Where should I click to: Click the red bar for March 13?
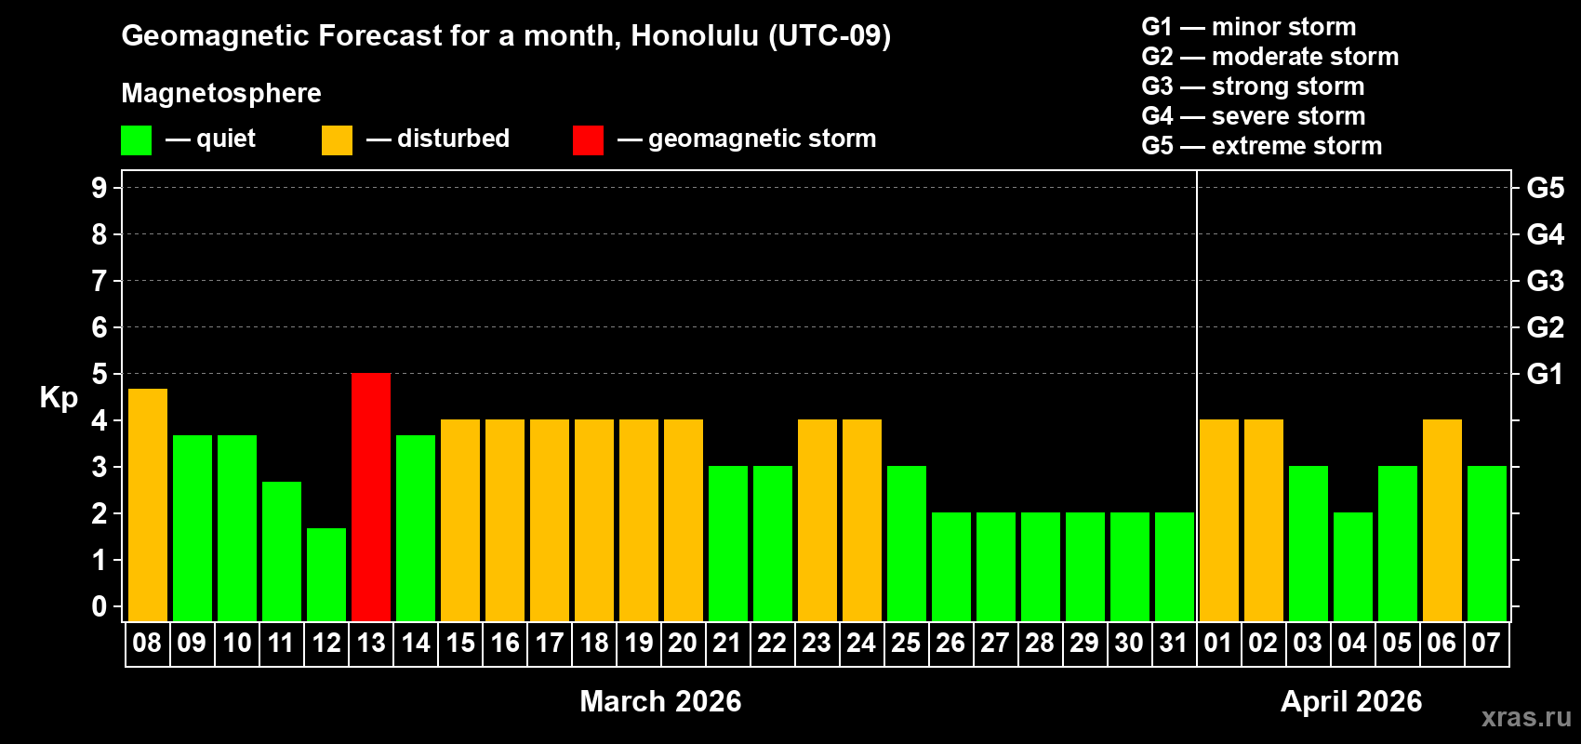click(371, 497)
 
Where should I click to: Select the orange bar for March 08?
click(147, 504)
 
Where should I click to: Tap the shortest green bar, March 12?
click(326, 574)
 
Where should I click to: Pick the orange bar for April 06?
click(1441, 520)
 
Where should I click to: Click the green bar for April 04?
click(1352, 566)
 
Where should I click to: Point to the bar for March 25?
click(906, 543)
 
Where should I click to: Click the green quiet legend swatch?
click(136, 140)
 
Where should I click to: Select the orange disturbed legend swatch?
click(337, 140)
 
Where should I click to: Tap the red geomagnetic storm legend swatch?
click(588, 140)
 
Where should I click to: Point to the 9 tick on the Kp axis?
click(100, 188)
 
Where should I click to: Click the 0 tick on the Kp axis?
click(100, 607)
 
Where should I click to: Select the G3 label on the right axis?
click(1545, 281)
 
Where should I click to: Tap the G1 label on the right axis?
click(1545, 374)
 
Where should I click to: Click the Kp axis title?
click(59, 398)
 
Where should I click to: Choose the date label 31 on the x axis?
click(1174, 643)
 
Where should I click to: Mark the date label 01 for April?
click(1217, 643)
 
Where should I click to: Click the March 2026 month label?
click(660, 701)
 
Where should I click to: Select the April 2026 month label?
click(1350, 701)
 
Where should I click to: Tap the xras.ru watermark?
click(1525, 717)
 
